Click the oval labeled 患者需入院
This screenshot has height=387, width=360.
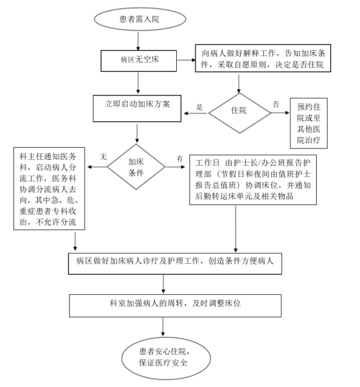click(x=140, y=19)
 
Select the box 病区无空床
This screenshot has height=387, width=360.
click(x=139, y=61)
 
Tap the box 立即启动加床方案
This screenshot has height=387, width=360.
click(x=137, y=108)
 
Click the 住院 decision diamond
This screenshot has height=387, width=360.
click(x=239, y=113)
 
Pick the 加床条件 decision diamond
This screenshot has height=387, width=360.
click(x=136, y=167)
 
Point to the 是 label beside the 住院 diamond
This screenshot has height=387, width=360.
click(x=199, y=107)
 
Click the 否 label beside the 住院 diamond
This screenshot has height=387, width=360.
click(x=275, y=104)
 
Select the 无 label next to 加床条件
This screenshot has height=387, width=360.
click(x=103, y=157)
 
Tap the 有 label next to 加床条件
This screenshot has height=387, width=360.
click(x=179, y=159)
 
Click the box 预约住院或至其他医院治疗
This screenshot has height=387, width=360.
click(x=308, y=123)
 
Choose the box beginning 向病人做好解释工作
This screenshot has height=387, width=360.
click(x=263, y=58)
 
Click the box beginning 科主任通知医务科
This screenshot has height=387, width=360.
click(x=49, y=188)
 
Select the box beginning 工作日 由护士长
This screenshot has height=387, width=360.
click(x=253, y=180)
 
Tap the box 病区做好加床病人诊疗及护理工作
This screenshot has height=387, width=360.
click(x=175, y=264)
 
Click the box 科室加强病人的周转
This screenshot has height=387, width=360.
click(x=175, y=306)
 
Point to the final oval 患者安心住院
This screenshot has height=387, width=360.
click(x=166, y=358)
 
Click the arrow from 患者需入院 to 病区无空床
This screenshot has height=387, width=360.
click(x=138, y=41)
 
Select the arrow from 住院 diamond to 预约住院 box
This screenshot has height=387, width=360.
click(x=280, y=113)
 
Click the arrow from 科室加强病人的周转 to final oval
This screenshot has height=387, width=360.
click(x=163, y=327)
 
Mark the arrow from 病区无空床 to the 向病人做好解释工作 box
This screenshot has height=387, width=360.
click(x=186, y=60)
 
